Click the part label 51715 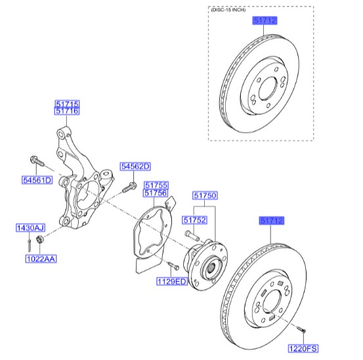pos(67,104)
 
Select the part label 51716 pos(67,111)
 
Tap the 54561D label pos(37,180)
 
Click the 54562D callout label pos(135,167)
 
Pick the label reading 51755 pos(156,185)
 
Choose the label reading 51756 pos(156,192)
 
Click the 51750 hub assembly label pos(205,196)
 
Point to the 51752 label pos(195,220)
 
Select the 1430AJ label pos(31,228)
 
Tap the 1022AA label pos(41,259)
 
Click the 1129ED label pos(172,282)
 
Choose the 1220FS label pos(303,349)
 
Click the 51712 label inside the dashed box pos(265,20)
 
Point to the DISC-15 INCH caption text pos(228,10)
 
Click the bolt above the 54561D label pos(37,161)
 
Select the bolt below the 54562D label pos(129,188)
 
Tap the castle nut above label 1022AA pos(40,239)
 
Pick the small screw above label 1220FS pos(301,329)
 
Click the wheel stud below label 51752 pos(192,236)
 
